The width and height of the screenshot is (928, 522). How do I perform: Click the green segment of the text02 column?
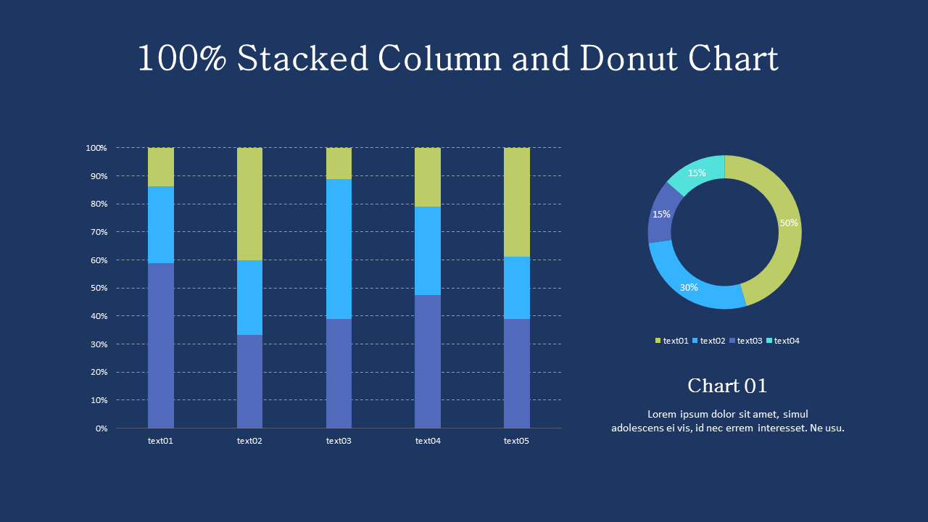point(249,204)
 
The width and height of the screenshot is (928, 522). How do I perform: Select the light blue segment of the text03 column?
point(339,249)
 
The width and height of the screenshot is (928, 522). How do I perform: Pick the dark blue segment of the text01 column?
point(160,345)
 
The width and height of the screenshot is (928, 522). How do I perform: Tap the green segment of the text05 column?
point(516,202)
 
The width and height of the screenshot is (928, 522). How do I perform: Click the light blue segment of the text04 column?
point(427,251)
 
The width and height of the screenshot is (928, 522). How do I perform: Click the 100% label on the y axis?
point(96,148)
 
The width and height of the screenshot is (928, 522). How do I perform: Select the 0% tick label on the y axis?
point(101,428)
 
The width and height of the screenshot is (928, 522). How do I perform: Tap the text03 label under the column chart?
point(339,441)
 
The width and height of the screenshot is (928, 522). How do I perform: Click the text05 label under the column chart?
point(516,441)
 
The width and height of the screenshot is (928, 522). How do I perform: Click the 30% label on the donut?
point(689,288)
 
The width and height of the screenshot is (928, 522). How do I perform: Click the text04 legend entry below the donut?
point(783,341)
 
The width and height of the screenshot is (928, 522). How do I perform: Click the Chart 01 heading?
point(727,386)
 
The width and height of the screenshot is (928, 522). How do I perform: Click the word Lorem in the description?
point(662,415)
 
